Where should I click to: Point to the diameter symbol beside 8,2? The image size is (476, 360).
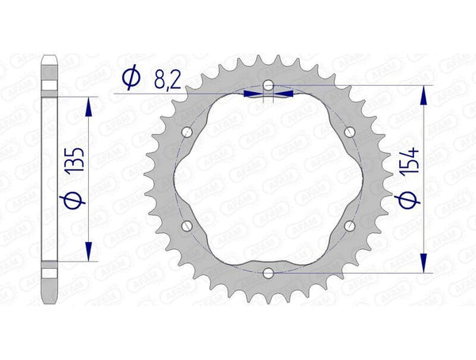132,78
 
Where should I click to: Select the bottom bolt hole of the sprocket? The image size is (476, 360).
268,274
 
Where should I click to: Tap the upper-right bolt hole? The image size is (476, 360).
350,131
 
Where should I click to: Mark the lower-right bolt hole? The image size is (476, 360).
350,226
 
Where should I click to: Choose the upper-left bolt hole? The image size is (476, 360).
186,131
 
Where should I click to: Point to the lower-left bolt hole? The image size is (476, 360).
186,226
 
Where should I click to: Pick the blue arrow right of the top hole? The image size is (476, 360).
284,93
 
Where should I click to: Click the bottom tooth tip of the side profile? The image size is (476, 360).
49,301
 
